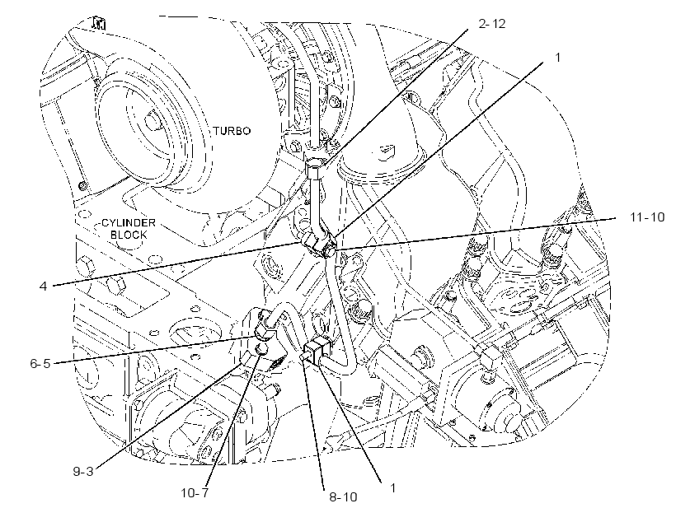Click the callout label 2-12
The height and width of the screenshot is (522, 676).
coord(492,24)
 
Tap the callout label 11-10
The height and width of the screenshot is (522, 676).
coord(647,217)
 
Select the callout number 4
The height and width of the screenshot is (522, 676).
coord(43,286)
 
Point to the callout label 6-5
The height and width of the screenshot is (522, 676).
coord(40,363)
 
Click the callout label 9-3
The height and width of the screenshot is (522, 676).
coord(82,472)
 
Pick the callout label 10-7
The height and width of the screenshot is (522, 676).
coord(195,492)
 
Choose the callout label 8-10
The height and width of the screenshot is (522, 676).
coord(343,497)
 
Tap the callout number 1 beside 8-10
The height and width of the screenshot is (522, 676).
coord(392,488)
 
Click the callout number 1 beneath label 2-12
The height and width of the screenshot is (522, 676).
coord(558,58)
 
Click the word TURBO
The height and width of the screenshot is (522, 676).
coord(232,131)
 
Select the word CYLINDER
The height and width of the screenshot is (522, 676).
coord(129,223)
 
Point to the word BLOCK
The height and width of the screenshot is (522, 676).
coord(129,235)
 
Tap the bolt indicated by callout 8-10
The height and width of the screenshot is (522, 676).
coord(305,357)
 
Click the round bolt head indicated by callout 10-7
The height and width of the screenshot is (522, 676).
coord(261,350)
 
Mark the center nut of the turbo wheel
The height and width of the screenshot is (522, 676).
coord(151,120)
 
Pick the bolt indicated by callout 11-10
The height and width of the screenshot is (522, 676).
coord(330,251)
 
